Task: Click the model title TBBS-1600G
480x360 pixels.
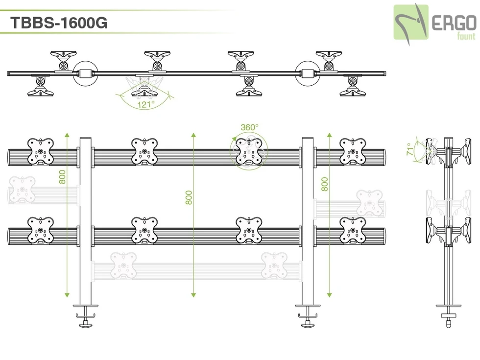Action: (x=58, y=23)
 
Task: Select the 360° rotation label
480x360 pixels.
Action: (x=249, y=127)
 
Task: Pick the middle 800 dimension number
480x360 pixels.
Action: (x=189, y=197)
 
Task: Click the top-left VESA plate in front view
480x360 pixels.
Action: (x=41, y=151)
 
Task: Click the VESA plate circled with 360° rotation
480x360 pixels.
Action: (x=249, y=151)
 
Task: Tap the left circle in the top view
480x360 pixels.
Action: (x=86, y=73)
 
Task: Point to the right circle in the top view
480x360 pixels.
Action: (x=308, y=73)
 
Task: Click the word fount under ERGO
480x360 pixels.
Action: (x=466, y=36)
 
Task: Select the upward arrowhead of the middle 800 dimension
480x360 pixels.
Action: (x=194, y=135)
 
